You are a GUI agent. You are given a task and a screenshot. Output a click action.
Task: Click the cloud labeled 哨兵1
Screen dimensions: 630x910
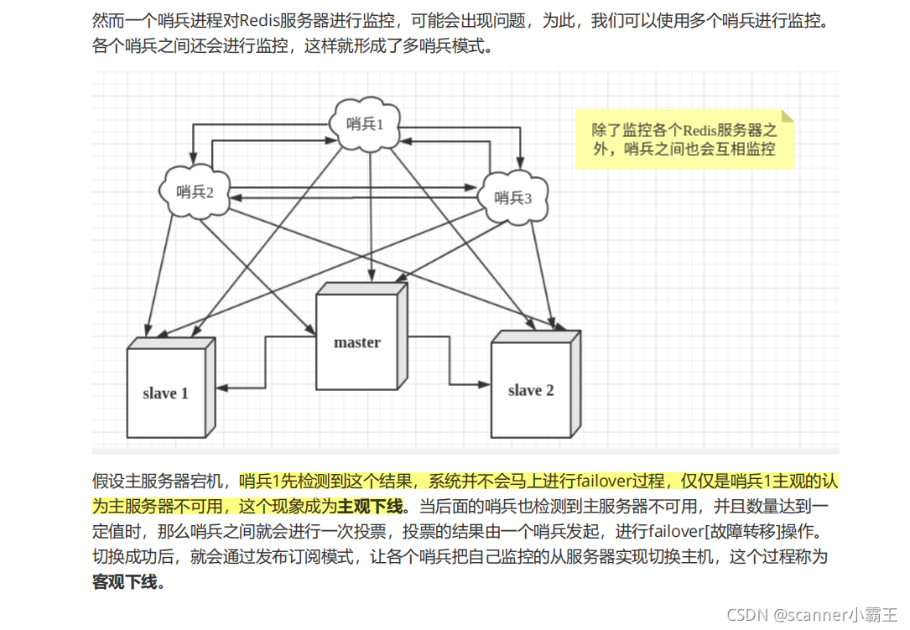(365, 124)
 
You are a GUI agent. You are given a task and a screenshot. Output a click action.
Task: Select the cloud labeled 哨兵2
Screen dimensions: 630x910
(195, 191)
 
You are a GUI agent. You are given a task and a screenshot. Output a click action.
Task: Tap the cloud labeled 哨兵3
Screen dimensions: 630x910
(513, 197)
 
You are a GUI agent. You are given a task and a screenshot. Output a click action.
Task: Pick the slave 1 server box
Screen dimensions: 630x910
(167, 392)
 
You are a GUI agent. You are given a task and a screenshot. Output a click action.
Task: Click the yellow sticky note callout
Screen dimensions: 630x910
(684, 139)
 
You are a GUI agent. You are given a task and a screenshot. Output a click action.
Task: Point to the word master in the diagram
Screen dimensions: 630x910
(357, 342)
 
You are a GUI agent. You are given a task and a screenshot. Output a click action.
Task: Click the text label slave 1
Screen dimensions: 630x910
(165, 393)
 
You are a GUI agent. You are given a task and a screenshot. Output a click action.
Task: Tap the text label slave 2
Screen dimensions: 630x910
(531, 390)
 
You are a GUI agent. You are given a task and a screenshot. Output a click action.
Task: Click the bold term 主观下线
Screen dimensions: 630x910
(370, 506)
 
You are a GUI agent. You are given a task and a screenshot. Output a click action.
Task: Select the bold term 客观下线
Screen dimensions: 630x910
(125, 581)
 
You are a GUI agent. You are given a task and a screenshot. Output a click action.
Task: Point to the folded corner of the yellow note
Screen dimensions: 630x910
(787, 116)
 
